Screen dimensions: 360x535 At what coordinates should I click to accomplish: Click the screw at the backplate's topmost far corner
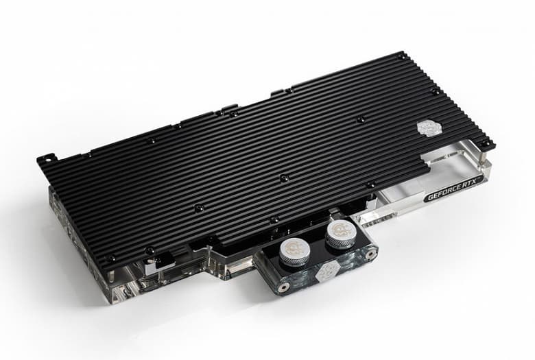[400, 58]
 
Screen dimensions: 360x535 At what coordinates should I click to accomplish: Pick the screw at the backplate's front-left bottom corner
[110, 259]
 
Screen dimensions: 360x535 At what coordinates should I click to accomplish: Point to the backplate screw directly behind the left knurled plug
[274, 220]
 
